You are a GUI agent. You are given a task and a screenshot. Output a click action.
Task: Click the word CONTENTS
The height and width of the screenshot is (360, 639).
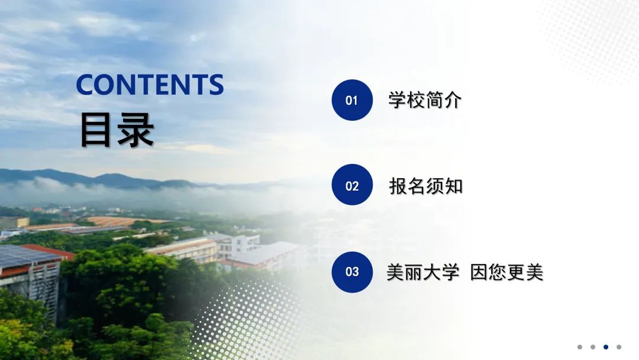[150, 85]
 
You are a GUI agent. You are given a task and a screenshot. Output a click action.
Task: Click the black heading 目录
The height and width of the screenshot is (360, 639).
[117, 130]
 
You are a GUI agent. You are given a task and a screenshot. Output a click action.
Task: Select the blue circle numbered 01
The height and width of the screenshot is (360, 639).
[352, 100]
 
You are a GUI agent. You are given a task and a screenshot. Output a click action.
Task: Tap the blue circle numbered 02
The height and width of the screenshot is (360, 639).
[352, 185]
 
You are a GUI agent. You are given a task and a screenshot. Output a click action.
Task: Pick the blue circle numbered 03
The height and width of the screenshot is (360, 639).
[352, 272]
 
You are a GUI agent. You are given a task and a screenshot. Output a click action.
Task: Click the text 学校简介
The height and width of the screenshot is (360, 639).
[425, 100]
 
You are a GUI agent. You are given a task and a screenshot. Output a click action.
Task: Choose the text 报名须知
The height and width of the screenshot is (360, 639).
[426, 187]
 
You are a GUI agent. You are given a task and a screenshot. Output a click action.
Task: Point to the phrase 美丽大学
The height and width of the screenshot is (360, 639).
[422, 272]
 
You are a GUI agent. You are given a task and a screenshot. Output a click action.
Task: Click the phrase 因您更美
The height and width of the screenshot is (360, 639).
[506, 272]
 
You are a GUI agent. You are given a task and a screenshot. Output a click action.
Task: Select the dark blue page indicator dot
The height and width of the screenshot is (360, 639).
[606, 347]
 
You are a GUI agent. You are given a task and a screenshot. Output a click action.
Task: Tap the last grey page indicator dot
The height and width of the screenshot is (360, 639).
[619, 347]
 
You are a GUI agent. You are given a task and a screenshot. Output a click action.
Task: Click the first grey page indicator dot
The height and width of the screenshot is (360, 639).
[579, 347]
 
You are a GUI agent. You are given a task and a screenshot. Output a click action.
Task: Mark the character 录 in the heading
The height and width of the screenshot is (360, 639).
[135, 130]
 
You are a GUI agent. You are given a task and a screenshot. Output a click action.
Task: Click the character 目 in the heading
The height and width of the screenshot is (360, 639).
[95, 130]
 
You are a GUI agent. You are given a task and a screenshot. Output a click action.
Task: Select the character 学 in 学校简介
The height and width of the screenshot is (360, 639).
[397, 100]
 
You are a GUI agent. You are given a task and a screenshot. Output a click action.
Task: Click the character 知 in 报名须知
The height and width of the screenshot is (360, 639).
[454, 187]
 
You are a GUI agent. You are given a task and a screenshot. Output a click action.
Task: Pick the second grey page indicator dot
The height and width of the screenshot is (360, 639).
[592, 347]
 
